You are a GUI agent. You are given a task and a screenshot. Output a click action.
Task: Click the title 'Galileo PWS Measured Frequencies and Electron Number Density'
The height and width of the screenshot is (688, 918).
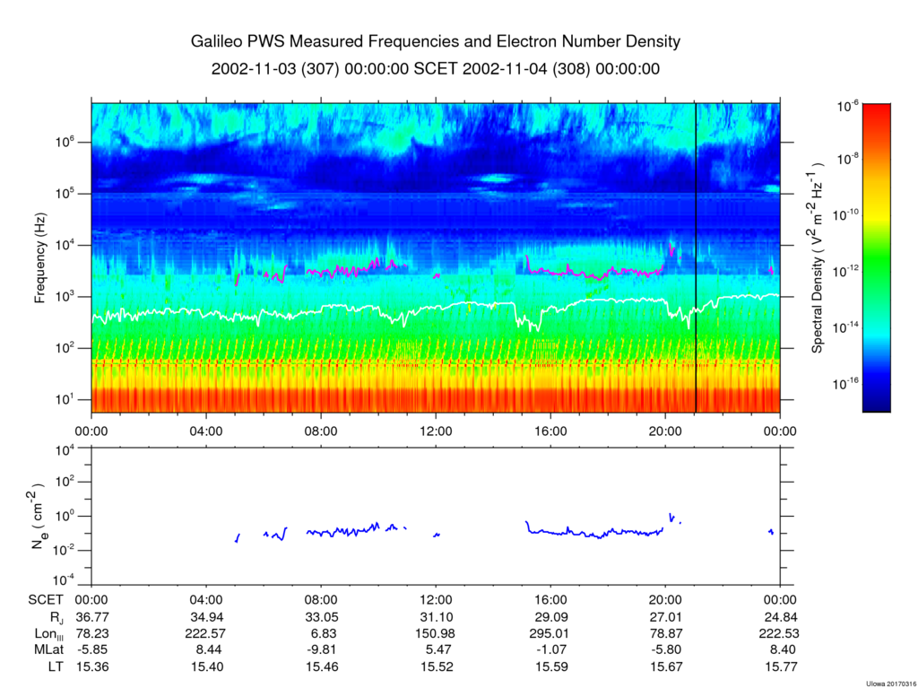tap(436, 42)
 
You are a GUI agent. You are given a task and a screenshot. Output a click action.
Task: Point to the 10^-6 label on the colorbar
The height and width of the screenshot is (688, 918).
tap(848, 107)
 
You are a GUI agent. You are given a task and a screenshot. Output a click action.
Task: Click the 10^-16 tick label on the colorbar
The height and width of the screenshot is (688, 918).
tap(848, 384)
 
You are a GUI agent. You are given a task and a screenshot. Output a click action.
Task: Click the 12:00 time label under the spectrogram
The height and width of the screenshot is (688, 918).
tap(436, 430)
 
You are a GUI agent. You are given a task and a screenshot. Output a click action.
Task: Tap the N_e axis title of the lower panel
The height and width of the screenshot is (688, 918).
tap(40, 516)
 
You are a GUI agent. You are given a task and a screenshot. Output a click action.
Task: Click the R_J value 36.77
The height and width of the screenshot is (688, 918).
tap(91, 618)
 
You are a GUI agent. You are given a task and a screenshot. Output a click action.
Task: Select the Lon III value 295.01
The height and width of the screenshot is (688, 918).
tap(550, 634)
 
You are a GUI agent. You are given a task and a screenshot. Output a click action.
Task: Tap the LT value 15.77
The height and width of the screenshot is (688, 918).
tap(779, 666)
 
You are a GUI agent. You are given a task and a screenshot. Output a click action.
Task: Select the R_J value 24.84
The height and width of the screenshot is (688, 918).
tap(779, 618)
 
